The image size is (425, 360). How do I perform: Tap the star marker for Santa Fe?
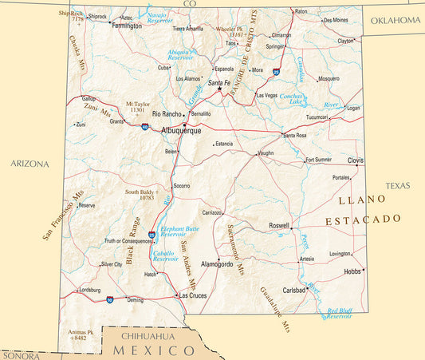pos(220,89)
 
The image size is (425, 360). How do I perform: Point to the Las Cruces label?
pos(194,295)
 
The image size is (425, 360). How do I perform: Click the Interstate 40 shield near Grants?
pos(144,126)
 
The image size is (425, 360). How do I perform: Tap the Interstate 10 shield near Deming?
pos(109,299)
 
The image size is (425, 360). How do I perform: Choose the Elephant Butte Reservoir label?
pos(179,231)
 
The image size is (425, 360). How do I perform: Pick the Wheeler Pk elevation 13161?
pos(236,35)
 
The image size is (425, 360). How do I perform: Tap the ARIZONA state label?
pos(30,164)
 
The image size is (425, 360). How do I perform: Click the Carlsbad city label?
pos(294,290)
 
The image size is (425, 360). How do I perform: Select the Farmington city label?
pos(128,26)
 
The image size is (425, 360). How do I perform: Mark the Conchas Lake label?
pos(294,99)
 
